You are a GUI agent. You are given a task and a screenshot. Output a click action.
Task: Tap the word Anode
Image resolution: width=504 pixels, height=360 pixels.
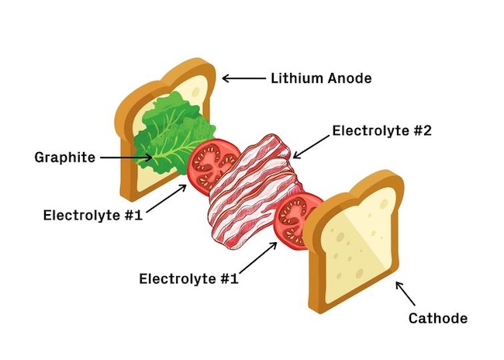pyautogui.click(x=349, y=78)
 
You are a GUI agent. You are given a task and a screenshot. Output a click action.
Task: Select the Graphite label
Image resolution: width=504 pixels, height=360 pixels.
pyautogui.click(x=64, y=157)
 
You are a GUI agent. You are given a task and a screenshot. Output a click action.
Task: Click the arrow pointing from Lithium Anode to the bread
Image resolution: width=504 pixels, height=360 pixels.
pyautogui.click(x=243, y=78)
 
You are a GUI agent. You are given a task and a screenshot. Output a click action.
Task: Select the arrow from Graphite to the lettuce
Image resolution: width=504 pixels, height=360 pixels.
pyautogui.click(x=126, y=157)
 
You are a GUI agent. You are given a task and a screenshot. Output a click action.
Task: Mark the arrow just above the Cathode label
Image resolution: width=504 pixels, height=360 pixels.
pyautogui.click(x=406, y=293)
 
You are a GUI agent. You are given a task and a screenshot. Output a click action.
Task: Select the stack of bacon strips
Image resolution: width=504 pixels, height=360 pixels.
pyautogui.click(x=252, y=194)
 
